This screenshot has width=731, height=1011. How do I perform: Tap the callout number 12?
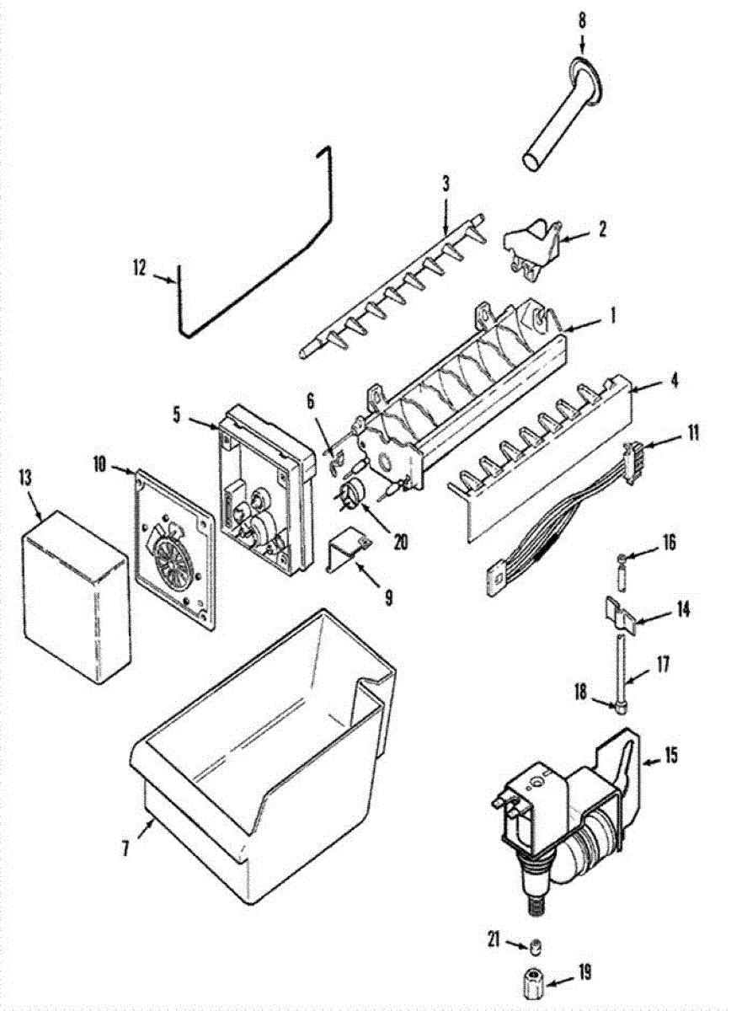pos(139,269)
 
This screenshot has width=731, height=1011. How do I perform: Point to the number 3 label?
pos(446,183)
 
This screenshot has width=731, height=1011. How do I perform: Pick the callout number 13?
pos(25,478)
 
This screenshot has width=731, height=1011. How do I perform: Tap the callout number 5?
pos(177,415)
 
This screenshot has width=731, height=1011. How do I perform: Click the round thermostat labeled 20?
pos(353,493)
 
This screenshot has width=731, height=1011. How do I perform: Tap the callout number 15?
pos(671,755)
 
